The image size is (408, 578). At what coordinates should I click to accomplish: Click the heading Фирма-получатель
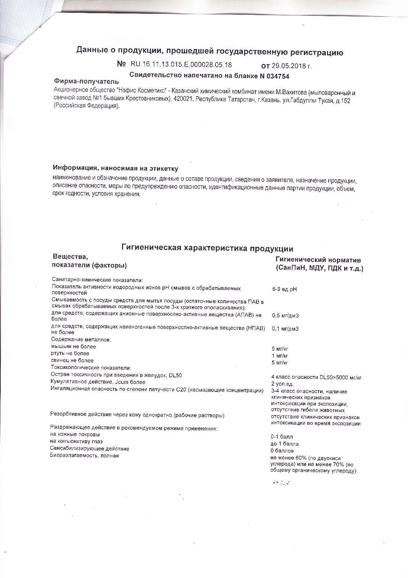86,81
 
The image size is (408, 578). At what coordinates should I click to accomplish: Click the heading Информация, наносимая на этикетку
115,169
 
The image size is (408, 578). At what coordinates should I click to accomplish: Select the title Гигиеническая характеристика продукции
207,248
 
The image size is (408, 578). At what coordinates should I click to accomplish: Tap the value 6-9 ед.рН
285,289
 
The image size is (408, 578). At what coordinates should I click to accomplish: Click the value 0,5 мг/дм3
285,316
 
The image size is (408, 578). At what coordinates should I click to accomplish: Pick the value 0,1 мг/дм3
285,329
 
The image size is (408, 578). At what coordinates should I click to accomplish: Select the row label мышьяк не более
74,346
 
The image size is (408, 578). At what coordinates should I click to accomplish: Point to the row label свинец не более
72,361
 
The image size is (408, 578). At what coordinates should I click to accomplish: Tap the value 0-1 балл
281,437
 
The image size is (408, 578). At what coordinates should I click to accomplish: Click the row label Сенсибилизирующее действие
89,448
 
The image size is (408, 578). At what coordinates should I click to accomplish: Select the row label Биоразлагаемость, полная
84,455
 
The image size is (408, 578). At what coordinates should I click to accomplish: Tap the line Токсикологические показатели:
91,367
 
